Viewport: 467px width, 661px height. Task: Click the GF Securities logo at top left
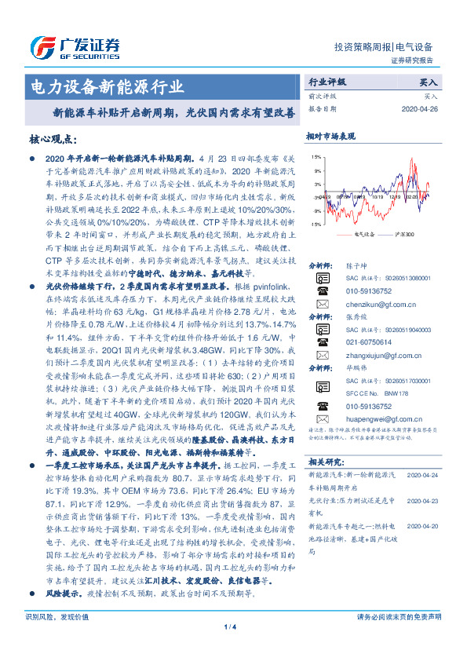(x=74, y=48)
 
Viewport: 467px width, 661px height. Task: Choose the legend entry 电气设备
(x=363, y=233)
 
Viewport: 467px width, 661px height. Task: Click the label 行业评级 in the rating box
(x=326, y=81)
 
